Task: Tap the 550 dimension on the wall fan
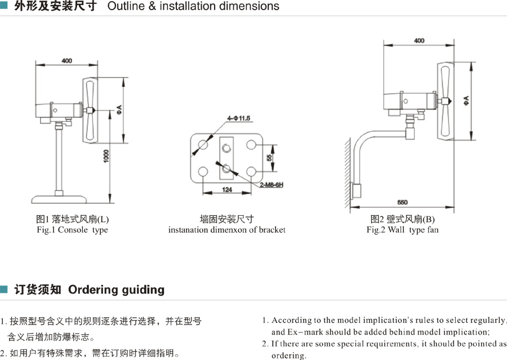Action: click(x=402, y=202)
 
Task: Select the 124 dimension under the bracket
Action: click(x=227, y=189)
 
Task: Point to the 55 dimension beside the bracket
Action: click(x=269, y=159)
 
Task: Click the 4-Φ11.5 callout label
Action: click(x=238, y=118)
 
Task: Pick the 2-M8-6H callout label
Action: click(x=271, y=184)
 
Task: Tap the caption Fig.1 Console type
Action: click(x=72, y=230)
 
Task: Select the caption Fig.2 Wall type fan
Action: click(x=402, y=230)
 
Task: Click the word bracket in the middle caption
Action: click(x=272, y=230)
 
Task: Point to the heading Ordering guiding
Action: click(x=116, y=290)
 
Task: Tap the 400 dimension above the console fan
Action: click(x=66, y=60)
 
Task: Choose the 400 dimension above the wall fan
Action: click(x=419, y=41)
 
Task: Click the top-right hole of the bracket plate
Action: click(x=251, y=145)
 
